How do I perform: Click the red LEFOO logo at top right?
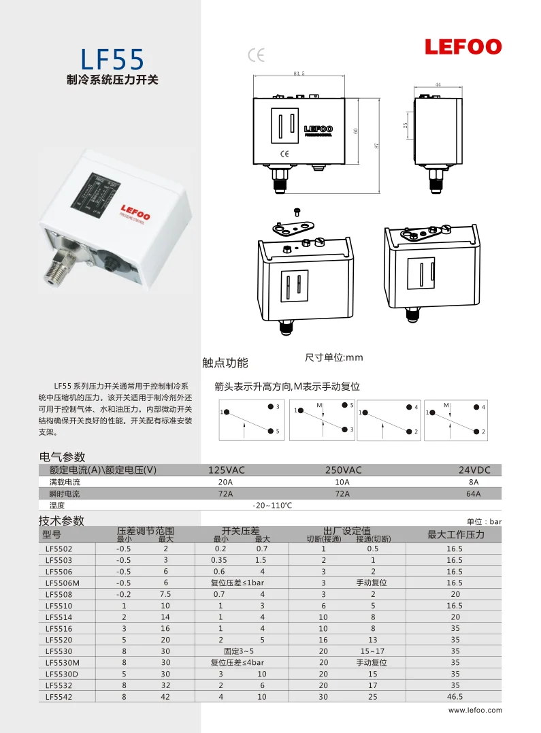(x=463, y=47)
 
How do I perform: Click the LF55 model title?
(x=112, y=59)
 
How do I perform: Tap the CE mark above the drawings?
(x=257, y=55)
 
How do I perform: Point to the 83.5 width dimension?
(x=299, y=73)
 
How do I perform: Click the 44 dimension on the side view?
(x=438, y=84)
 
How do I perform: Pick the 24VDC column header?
(x=474, y=470)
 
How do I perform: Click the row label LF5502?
(x=59, y=549)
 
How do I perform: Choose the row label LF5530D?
(x=61, y=674)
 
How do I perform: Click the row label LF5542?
(x=59, y=696)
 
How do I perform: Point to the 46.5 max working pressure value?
(x=455, y=696)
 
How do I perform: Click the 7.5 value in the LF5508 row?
(x=165, y=594)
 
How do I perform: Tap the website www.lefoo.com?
(x=475, y=711)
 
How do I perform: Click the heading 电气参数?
(x=63, y=457)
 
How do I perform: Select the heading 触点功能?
(x=225, y=362)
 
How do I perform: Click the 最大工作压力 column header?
(x=455, y=534)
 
